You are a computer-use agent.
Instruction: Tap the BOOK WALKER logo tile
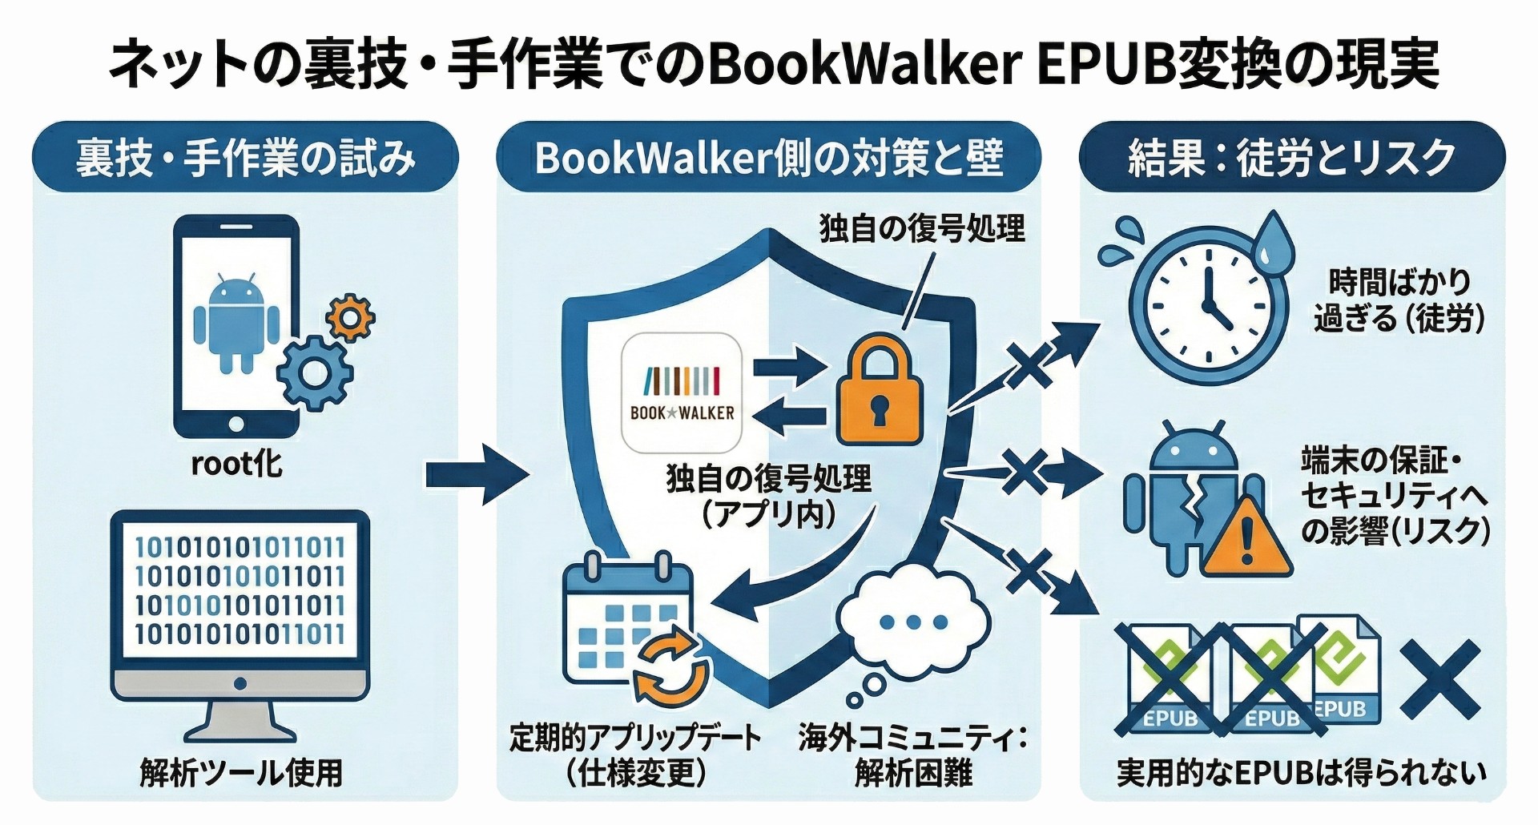[682, 393]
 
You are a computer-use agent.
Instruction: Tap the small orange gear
[351, 318]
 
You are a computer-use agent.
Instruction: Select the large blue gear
[315, 372]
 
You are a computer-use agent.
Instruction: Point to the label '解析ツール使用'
[241, 773]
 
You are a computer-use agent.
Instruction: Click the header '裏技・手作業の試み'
[245, 157]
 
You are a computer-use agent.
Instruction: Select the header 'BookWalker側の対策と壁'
[768, 157]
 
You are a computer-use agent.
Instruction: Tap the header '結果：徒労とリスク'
[1291, 157]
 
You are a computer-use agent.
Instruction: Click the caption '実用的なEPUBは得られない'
[1301, 773]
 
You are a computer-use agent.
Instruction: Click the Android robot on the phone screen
[236, 320]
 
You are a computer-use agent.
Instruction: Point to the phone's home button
[236, 424]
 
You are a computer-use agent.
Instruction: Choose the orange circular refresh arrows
[671, 666]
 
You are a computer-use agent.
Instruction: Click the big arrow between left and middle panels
[477, 475]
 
